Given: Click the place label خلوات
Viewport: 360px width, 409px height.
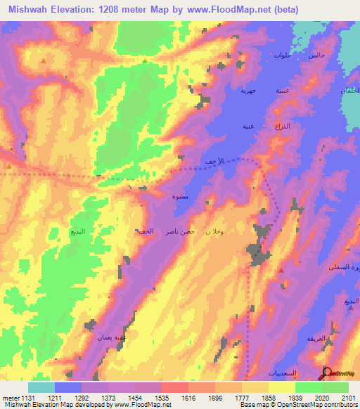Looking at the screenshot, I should click(281, 55).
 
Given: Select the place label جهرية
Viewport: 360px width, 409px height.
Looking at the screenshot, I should click(248, 90).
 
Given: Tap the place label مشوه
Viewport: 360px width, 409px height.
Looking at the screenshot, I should click(180, 197).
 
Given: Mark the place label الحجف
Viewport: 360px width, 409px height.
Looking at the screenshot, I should click(145, 231).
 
